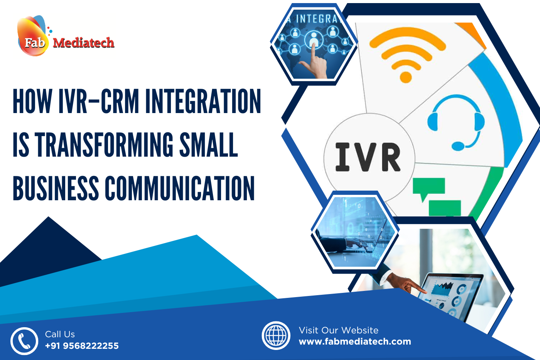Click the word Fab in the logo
click(34, 42)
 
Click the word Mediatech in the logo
click(83, 42)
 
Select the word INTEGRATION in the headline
click(203, 101)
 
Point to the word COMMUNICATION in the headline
click(180, 188)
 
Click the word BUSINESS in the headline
click(56, 188)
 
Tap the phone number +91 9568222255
click(82, 346)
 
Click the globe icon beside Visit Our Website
click(276, 335)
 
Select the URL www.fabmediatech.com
click(355, 341)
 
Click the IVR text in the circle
click(368, 157)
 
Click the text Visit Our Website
click(338, 330)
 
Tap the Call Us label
click(60, 334)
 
